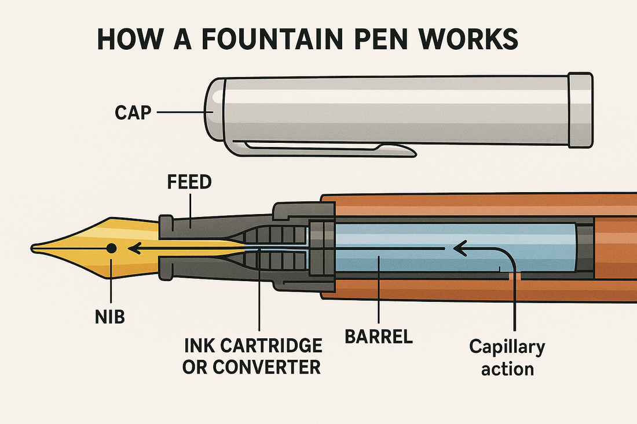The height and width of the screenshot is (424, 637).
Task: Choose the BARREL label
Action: (379, 337)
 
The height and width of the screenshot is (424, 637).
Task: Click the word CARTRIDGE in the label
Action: (280, 346)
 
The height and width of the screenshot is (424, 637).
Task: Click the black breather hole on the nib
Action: (112, 248)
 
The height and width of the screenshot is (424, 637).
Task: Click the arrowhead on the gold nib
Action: (134, 249)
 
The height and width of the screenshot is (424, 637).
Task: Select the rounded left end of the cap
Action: (214, 110)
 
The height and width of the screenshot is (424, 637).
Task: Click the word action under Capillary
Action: (507, 368)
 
